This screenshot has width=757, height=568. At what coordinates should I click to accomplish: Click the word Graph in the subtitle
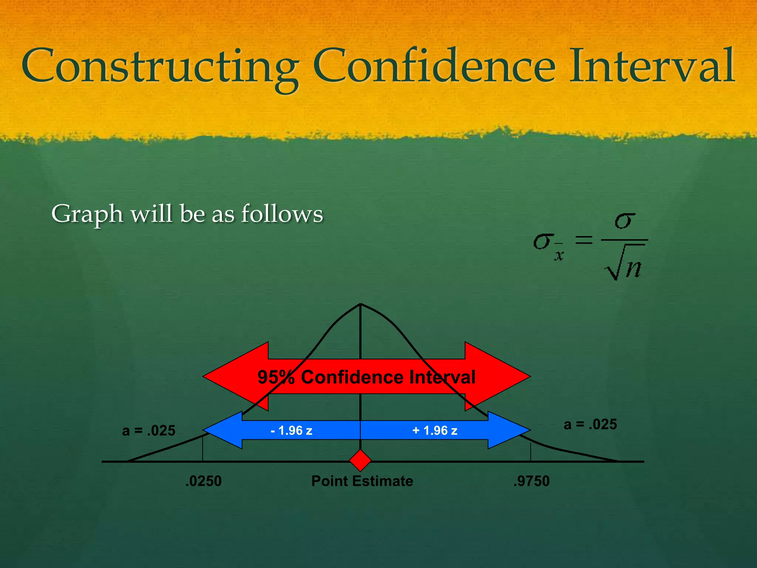tap(87, 214)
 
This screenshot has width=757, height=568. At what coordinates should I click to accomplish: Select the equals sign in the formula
tap(584, 241)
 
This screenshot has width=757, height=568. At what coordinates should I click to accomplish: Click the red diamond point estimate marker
tap(360, 461)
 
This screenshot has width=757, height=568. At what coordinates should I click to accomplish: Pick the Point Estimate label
tap(362, 481)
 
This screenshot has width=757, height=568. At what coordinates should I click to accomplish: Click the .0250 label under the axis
tap(203, 481)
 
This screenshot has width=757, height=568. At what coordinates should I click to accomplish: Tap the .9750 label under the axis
tap(531, 481)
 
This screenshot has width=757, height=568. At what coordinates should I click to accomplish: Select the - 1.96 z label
tap(291, 430)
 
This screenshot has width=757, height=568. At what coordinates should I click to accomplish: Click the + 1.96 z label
tap(435, 430)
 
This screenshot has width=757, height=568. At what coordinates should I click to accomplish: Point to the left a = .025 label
tap(149, 431)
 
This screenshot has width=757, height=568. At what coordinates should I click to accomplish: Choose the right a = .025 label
tap(590, 425)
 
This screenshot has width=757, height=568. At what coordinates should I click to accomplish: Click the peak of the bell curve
tap(360, 304)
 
